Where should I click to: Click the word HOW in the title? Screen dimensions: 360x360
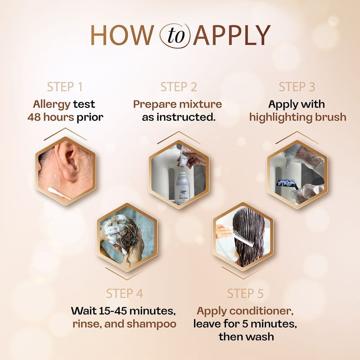(122, 35)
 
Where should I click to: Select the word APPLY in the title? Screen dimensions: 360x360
(231, 35)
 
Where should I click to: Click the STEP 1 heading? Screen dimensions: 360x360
(65, 87)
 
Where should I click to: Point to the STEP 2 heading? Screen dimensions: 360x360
(179, 87)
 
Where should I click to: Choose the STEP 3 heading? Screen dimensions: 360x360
(297, 87)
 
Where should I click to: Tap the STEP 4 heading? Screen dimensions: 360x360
(125, 293)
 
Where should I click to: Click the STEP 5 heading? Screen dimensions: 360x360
(245, 293)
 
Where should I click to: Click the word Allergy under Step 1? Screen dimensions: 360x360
(51, 105)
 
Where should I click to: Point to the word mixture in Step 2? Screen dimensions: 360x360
(200, 104)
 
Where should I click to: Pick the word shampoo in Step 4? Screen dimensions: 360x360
(152, 324)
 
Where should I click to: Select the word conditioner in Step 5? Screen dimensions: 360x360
(261, 311)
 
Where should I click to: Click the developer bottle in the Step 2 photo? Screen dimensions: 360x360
(184, 187)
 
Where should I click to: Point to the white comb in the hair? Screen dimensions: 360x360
(243, 237)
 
